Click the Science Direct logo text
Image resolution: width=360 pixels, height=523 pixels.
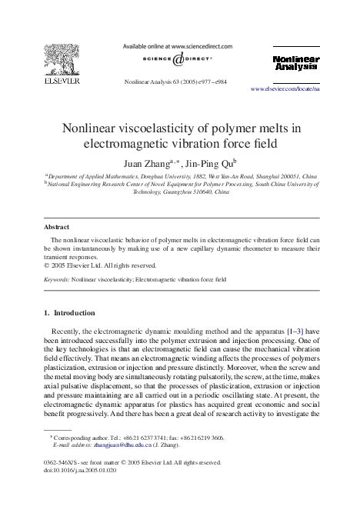coord(179,58)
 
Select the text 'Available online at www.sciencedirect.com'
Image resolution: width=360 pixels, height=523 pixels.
coord(178,47)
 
